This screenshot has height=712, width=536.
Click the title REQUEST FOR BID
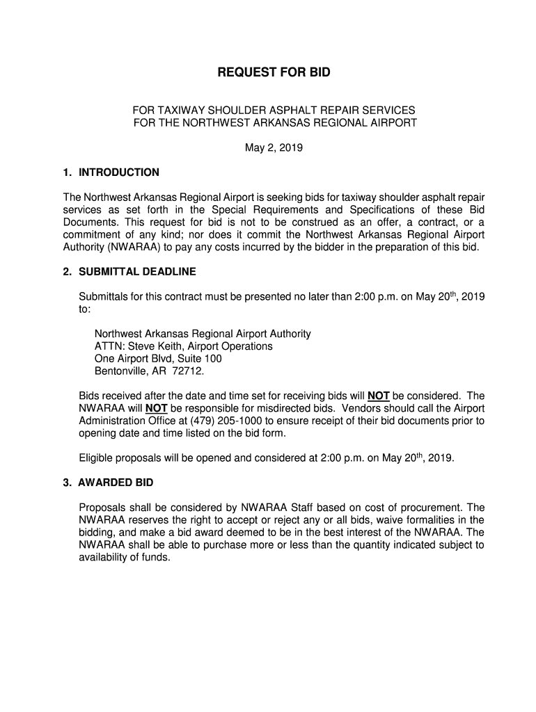point(274,72)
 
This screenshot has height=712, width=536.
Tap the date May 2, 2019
point(274,148)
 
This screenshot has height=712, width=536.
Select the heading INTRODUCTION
point(119,172)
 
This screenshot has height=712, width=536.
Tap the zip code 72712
point(189,371)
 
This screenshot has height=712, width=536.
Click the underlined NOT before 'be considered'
point(378,396)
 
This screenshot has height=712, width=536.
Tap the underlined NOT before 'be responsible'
point(156,409)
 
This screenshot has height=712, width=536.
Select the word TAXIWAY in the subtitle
point(180,111)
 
